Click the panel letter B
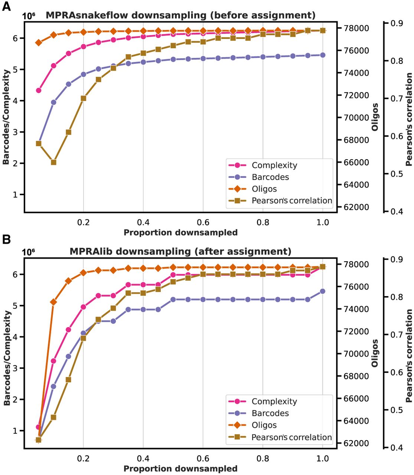click(x=6, y=239)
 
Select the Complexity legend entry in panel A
click(x=263, y=165)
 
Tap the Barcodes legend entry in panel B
click(x=258, y=413)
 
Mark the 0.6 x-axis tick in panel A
click(x=203, y=222)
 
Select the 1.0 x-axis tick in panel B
click(x=323, y=458)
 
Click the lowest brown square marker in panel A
click(x=53, y=162)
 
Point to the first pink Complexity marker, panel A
click(x=39, y=90)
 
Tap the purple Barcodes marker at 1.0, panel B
click(x=323, y=291)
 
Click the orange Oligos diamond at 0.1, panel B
click(x=53, y=302)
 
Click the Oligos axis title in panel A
click(x=375, y=117)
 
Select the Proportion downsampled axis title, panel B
click(x=180, y=468)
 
